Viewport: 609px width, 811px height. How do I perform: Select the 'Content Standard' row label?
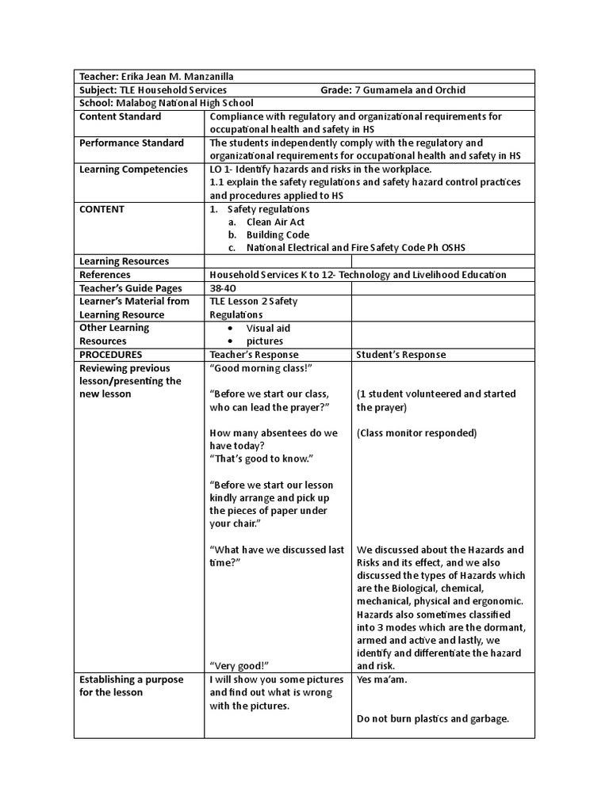(x=120, y=116)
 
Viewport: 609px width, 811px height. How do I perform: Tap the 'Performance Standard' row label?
(x=132, y=143)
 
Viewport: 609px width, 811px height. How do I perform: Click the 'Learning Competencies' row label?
(x=134, y=169)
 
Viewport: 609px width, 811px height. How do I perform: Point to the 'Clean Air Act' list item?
(x=275, y=222)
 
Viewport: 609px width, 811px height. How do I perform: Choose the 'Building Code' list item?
(x=278, y=234)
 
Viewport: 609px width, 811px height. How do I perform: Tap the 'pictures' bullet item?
(x=264, y=341)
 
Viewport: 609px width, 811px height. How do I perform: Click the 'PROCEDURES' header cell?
(x=111, y=354)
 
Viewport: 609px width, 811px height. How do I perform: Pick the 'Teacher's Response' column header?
(x=254, y=354)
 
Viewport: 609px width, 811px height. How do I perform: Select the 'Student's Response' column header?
(x=401, y=354)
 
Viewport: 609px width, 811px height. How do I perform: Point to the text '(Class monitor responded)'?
(x=416, y=433)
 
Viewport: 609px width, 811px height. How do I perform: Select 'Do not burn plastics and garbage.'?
(x=432, y=719)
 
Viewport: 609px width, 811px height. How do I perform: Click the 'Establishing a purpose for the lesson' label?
(x=131, y=686)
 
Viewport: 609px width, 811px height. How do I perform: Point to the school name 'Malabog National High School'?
(x=185, y=103)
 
